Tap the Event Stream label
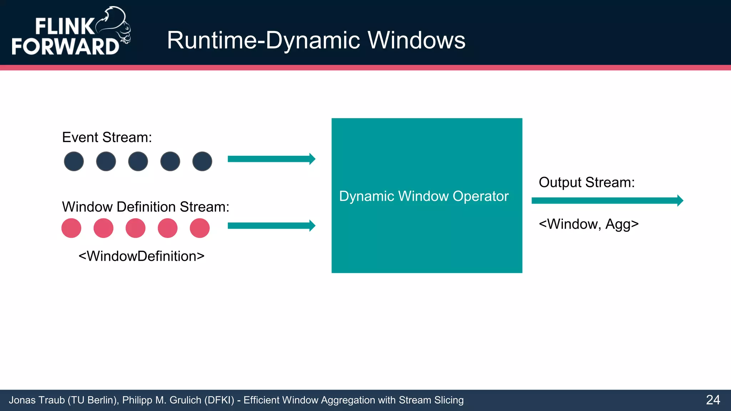(107, 137)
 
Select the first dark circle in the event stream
(74, 161)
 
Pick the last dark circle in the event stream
(202, 161)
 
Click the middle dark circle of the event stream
(138, 161)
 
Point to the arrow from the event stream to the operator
(271, 159)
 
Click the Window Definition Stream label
(146, 207)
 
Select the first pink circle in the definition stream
(71, 228)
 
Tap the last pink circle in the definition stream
(200, 228)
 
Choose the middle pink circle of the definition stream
(136, 228)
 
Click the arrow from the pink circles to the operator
(271, 225)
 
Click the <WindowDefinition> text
(141, 256)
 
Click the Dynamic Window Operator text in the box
(424, 196)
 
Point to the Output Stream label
(586, 182)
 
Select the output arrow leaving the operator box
(607, 201)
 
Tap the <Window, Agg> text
(589, 224)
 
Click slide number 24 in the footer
(713, 400)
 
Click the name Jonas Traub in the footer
(37, 400)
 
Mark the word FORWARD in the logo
(65, 46)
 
